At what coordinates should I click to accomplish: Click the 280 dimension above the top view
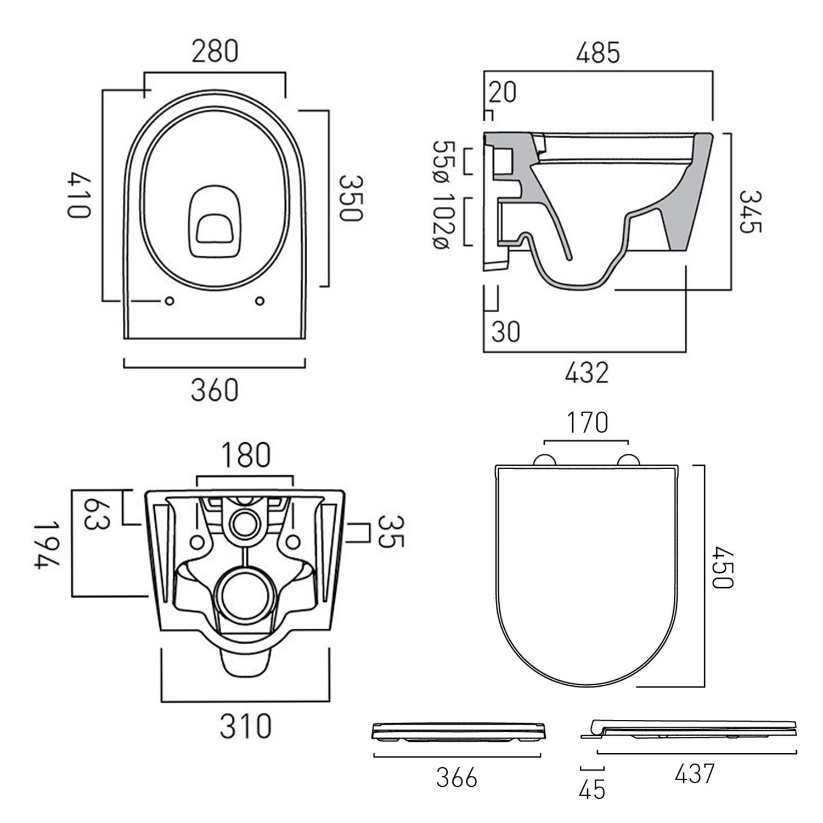(215, 51)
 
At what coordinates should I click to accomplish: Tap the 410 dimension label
(78, 195)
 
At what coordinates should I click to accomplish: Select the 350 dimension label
(350, 198)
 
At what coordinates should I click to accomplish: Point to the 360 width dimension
(215, 391)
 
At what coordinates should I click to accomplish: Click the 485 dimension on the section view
(598, 53)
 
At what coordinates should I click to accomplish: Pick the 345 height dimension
(749, 212)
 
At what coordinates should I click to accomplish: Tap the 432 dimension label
(587, 373)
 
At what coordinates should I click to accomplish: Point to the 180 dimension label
(245, 455)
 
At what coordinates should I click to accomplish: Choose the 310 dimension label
(245, 726)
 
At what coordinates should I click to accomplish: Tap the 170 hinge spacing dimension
(587, 422)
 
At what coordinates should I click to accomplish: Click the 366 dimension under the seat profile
(456, 778)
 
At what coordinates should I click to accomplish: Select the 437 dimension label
(695, 774)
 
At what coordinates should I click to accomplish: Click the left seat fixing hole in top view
(170, 301)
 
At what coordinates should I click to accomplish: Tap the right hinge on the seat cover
(629, 460)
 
